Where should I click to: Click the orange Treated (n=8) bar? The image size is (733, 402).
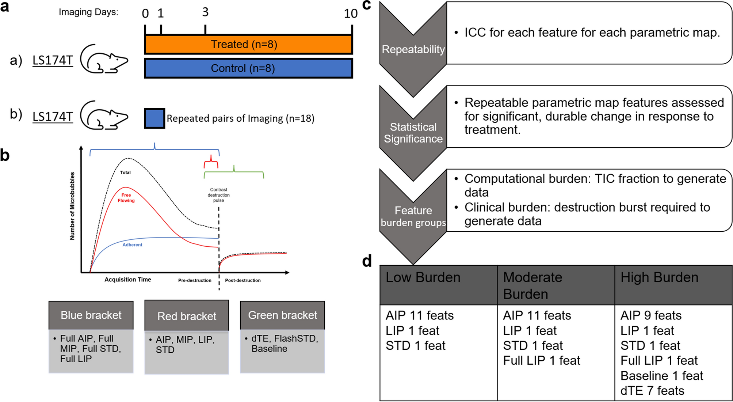click(248, 45)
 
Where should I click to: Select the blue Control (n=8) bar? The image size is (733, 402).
click(248, 68)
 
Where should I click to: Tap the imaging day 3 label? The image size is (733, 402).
click(205, 12)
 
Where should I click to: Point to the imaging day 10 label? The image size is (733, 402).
click(351, 14)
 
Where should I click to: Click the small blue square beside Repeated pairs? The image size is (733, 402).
click(154, 118)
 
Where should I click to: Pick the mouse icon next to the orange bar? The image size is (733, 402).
click(104, 59)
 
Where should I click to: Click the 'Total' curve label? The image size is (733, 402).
click(125, 172)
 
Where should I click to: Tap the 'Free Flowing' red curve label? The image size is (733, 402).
click(126, 198)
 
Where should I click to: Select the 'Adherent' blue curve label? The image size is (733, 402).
click(132, 245)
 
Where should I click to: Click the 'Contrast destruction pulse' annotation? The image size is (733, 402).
click(218, 195)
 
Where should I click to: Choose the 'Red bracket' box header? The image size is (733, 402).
click(187, 316)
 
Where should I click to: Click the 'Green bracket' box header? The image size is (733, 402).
click(282, 315)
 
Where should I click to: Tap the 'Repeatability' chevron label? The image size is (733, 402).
click(413, 49)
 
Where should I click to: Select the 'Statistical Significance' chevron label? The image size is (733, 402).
click(413, 133)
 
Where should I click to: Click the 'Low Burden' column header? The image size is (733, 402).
click(423, 277)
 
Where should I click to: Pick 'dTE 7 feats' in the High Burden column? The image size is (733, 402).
click(652, 391)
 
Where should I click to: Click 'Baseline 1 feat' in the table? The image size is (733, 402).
click(662, 376)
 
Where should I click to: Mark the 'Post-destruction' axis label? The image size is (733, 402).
click(243, 280)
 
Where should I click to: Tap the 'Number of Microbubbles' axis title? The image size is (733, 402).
click(72, 206)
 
